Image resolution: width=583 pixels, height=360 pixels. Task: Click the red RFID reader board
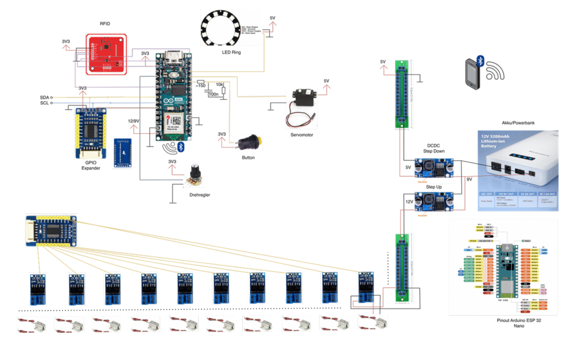[x=107, y=54]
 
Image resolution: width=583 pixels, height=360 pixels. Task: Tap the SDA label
[x=44, y=97]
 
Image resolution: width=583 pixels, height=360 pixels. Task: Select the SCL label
[x=44, y=103]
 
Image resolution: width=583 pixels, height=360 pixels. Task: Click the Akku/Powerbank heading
[x=518, y=122]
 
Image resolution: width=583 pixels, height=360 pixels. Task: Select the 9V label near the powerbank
[x=469, y=179]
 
